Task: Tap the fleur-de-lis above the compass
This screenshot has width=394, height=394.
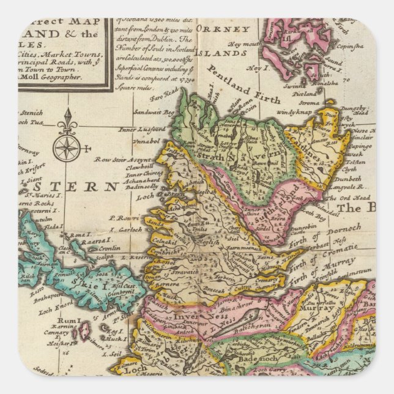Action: [67, 122]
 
